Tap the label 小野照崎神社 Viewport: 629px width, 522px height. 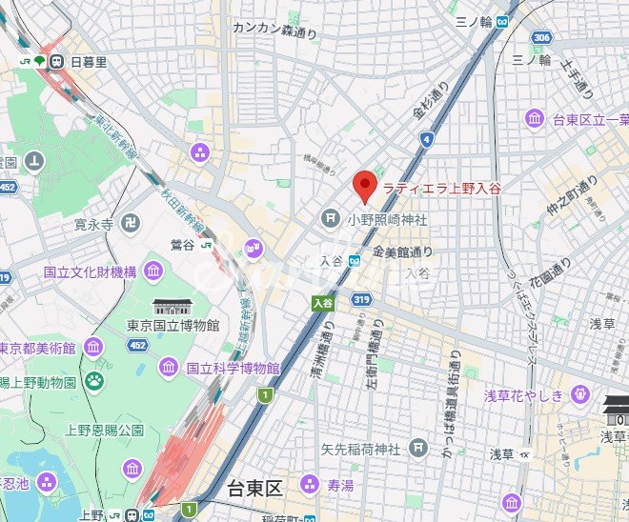[387, 219]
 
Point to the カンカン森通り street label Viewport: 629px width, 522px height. [274, 28]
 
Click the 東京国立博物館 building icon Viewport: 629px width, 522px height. [172, 307]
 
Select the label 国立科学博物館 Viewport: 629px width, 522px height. [233, 368]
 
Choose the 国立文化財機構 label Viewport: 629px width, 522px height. [90, 271]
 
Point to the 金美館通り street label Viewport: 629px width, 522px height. [402, 252]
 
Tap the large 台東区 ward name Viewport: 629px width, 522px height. [255, 490]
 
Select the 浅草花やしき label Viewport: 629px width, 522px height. [523, 395]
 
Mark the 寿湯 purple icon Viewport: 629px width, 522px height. [308, 484]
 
